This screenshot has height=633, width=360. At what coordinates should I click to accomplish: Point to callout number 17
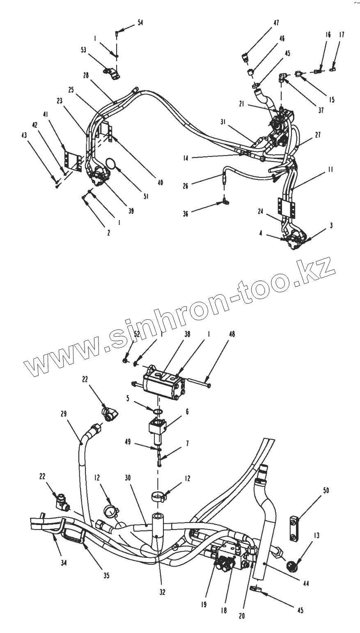tap(342, 35)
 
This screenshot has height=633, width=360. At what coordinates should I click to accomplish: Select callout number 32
tap(163, 592)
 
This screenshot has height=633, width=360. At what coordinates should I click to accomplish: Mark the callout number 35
tap(106, 576)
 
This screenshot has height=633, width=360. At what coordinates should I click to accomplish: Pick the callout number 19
tap(204, 605)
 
